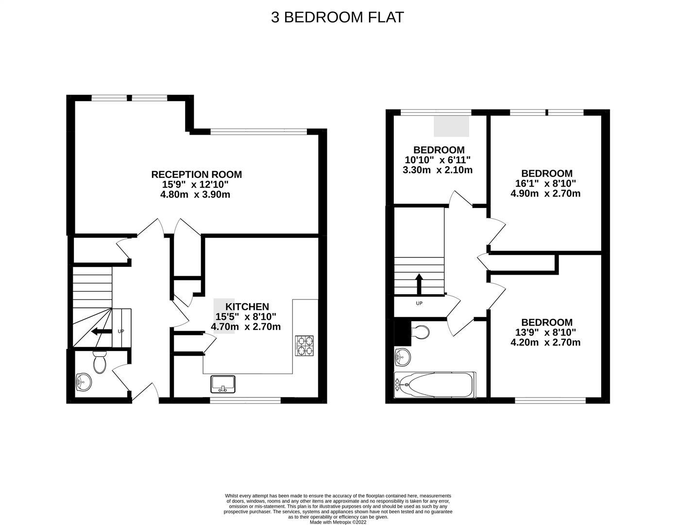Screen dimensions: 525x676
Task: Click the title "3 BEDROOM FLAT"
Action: (338, 17)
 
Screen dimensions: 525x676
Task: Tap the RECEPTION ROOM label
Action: (196, 175)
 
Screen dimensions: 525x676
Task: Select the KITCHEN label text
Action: (247, 307)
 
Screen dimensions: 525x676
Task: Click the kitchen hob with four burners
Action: (304, 345)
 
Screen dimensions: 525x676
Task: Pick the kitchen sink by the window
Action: (223, 384)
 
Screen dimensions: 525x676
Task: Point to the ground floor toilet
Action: (100, 362)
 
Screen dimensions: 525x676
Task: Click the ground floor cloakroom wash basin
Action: (83, 382)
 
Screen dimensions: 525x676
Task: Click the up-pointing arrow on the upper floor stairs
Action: (419, 284)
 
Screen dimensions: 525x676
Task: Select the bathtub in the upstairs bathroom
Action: (435, 385)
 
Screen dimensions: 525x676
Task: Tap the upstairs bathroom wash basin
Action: (403, 358)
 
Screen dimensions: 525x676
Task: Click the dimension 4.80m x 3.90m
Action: (195, 195)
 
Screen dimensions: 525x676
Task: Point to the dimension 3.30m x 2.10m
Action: (438, 170)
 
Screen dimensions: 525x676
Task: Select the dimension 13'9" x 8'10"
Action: (546, 332)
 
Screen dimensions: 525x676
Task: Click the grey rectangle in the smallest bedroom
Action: (452, 126)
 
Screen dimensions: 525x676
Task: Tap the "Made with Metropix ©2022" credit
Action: (338, 522)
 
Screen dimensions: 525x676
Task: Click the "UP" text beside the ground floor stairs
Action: (121, 332)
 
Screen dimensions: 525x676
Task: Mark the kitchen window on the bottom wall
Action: (245, 401)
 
